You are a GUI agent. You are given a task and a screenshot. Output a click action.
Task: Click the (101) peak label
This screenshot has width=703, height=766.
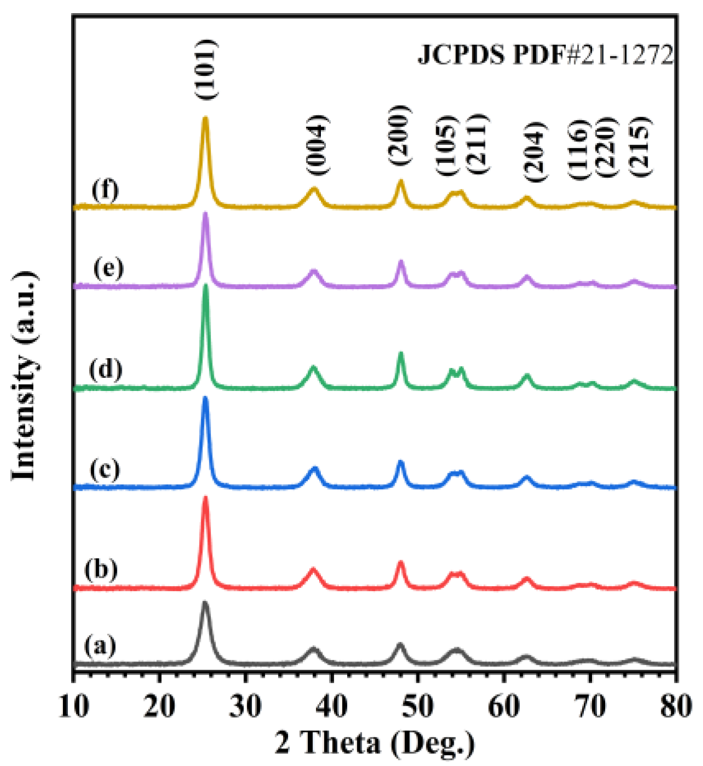tap(207, 69)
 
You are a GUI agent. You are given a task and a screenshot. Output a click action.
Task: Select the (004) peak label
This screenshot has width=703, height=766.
tap(317, 145)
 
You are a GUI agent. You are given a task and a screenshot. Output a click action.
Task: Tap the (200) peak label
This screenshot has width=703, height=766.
tap(399, 135)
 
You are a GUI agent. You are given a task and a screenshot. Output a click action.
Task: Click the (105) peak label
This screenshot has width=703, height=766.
tap(447, 146)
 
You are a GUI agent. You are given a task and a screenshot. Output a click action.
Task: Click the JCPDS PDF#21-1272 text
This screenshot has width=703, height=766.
tap(546, 55)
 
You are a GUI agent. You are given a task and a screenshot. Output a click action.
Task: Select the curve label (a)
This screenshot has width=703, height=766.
tap(100, 646)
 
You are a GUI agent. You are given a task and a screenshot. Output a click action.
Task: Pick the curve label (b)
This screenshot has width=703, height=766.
tap(101, 570)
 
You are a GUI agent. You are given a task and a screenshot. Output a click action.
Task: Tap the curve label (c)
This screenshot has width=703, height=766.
tap(104, 469)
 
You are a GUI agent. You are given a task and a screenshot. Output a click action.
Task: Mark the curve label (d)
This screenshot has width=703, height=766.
tap(106, 370)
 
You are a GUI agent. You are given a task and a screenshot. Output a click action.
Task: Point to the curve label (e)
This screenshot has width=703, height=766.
tap(108, 268)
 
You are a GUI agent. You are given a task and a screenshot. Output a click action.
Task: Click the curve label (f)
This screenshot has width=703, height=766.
tap(105, 190)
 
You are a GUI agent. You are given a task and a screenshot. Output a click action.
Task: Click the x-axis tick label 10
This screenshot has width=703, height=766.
tap(73, 706)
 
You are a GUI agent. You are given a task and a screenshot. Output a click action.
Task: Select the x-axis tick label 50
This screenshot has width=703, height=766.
tap(418, 706)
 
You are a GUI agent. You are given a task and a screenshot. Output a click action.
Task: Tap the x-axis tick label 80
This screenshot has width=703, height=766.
tap(676, 706)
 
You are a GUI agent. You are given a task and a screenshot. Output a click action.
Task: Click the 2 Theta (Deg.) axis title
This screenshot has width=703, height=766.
tap(375, 744)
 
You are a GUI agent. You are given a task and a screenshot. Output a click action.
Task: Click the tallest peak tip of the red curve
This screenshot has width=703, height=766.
tap(206, 497)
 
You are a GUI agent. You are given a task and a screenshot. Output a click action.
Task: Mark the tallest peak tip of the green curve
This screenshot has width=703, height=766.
tap(206, 285)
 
